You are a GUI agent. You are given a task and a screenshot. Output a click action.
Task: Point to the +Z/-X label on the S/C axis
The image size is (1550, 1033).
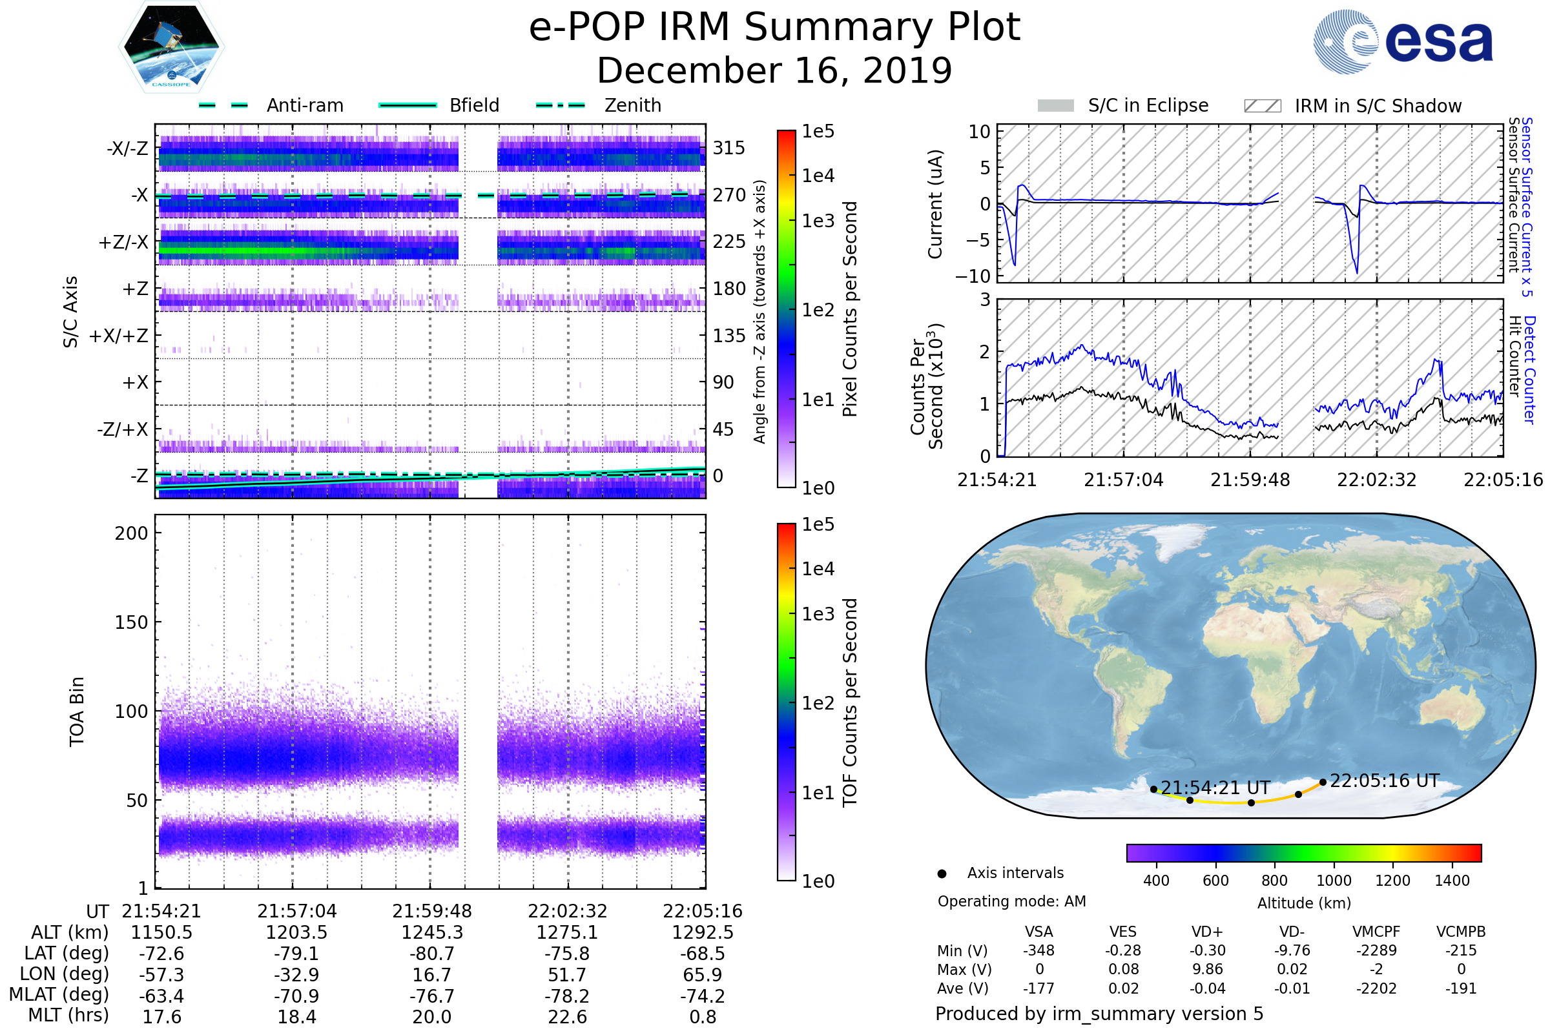point(123,243)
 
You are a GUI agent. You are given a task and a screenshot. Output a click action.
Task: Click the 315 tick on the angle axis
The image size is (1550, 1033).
point(729,148)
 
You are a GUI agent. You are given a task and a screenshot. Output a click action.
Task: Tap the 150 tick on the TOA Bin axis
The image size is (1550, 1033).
point(131,622)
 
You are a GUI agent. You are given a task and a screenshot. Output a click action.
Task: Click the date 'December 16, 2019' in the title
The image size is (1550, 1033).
point(774,71)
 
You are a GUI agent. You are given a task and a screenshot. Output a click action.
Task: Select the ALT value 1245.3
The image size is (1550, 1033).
point(431,932)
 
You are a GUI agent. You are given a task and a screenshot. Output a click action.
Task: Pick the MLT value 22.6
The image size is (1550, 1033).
point(567,1016)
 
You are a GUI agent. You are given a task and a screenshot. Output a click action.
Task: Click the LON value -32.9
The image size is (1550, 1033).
point(296,974)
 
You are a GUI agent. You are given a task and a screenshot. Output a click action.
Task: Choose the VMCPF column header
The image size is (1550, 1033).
point(1376,932)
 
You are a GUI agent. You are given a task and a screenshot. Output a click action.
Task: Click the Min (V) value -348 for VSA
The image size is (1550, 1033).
point(1038,950)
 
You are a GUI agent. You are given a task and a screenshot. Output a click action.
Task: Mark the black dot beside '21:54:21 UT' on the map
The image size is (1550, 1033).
point(1153,789)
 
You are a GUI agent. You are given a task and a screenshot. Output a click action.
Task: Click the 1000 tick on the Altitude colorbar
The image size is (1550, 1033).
point(1334,881)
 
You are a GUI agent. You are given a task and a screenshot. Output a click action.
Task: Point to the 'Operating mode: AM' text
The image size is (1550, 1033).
point(1011,901)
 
